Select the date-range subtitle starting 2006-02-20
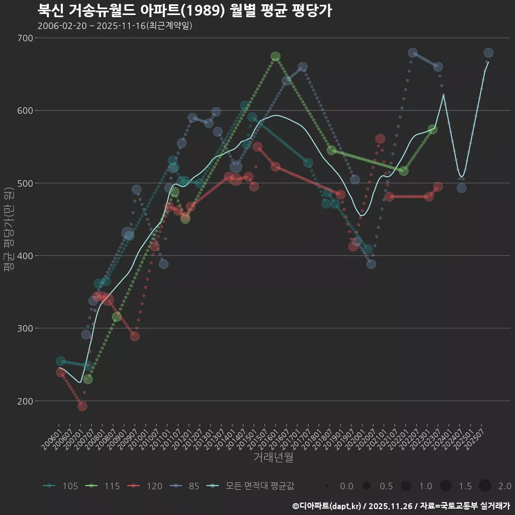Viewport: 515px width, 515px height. pyautogui.click(x=115, y=26)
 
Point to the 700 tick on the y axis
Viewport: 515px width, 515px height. pyautogui.click(x=25, y=38)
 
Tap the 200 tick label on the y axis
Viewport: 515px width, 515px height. pyautogui.click(x=25, y=401)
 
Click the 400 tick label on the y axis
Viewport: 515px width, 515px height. pyautogui.click(x=25, y=256)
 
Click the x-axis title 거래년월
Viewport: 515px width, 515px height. pyautogui.click(x=273, y=458)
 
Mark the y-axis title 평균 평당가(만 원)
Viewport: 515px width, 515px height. pyautogui.click(x=8, y=231)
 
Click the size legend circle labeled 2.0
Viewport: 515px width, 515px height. pyautogui.click(x=485, y=486)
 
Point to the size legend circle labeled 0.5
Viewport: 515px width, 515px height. pyautogui.click(x=366, y=486)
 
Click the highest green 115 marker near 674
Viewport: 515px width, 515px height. pyautogui.click(x=276, y=56)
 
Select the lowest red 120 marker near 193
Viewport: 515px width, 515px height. pyautogui.click(x=82, y=406)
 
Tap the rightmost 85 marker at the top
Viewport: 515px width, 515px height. pyautogui.click(x=488, y=53)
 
